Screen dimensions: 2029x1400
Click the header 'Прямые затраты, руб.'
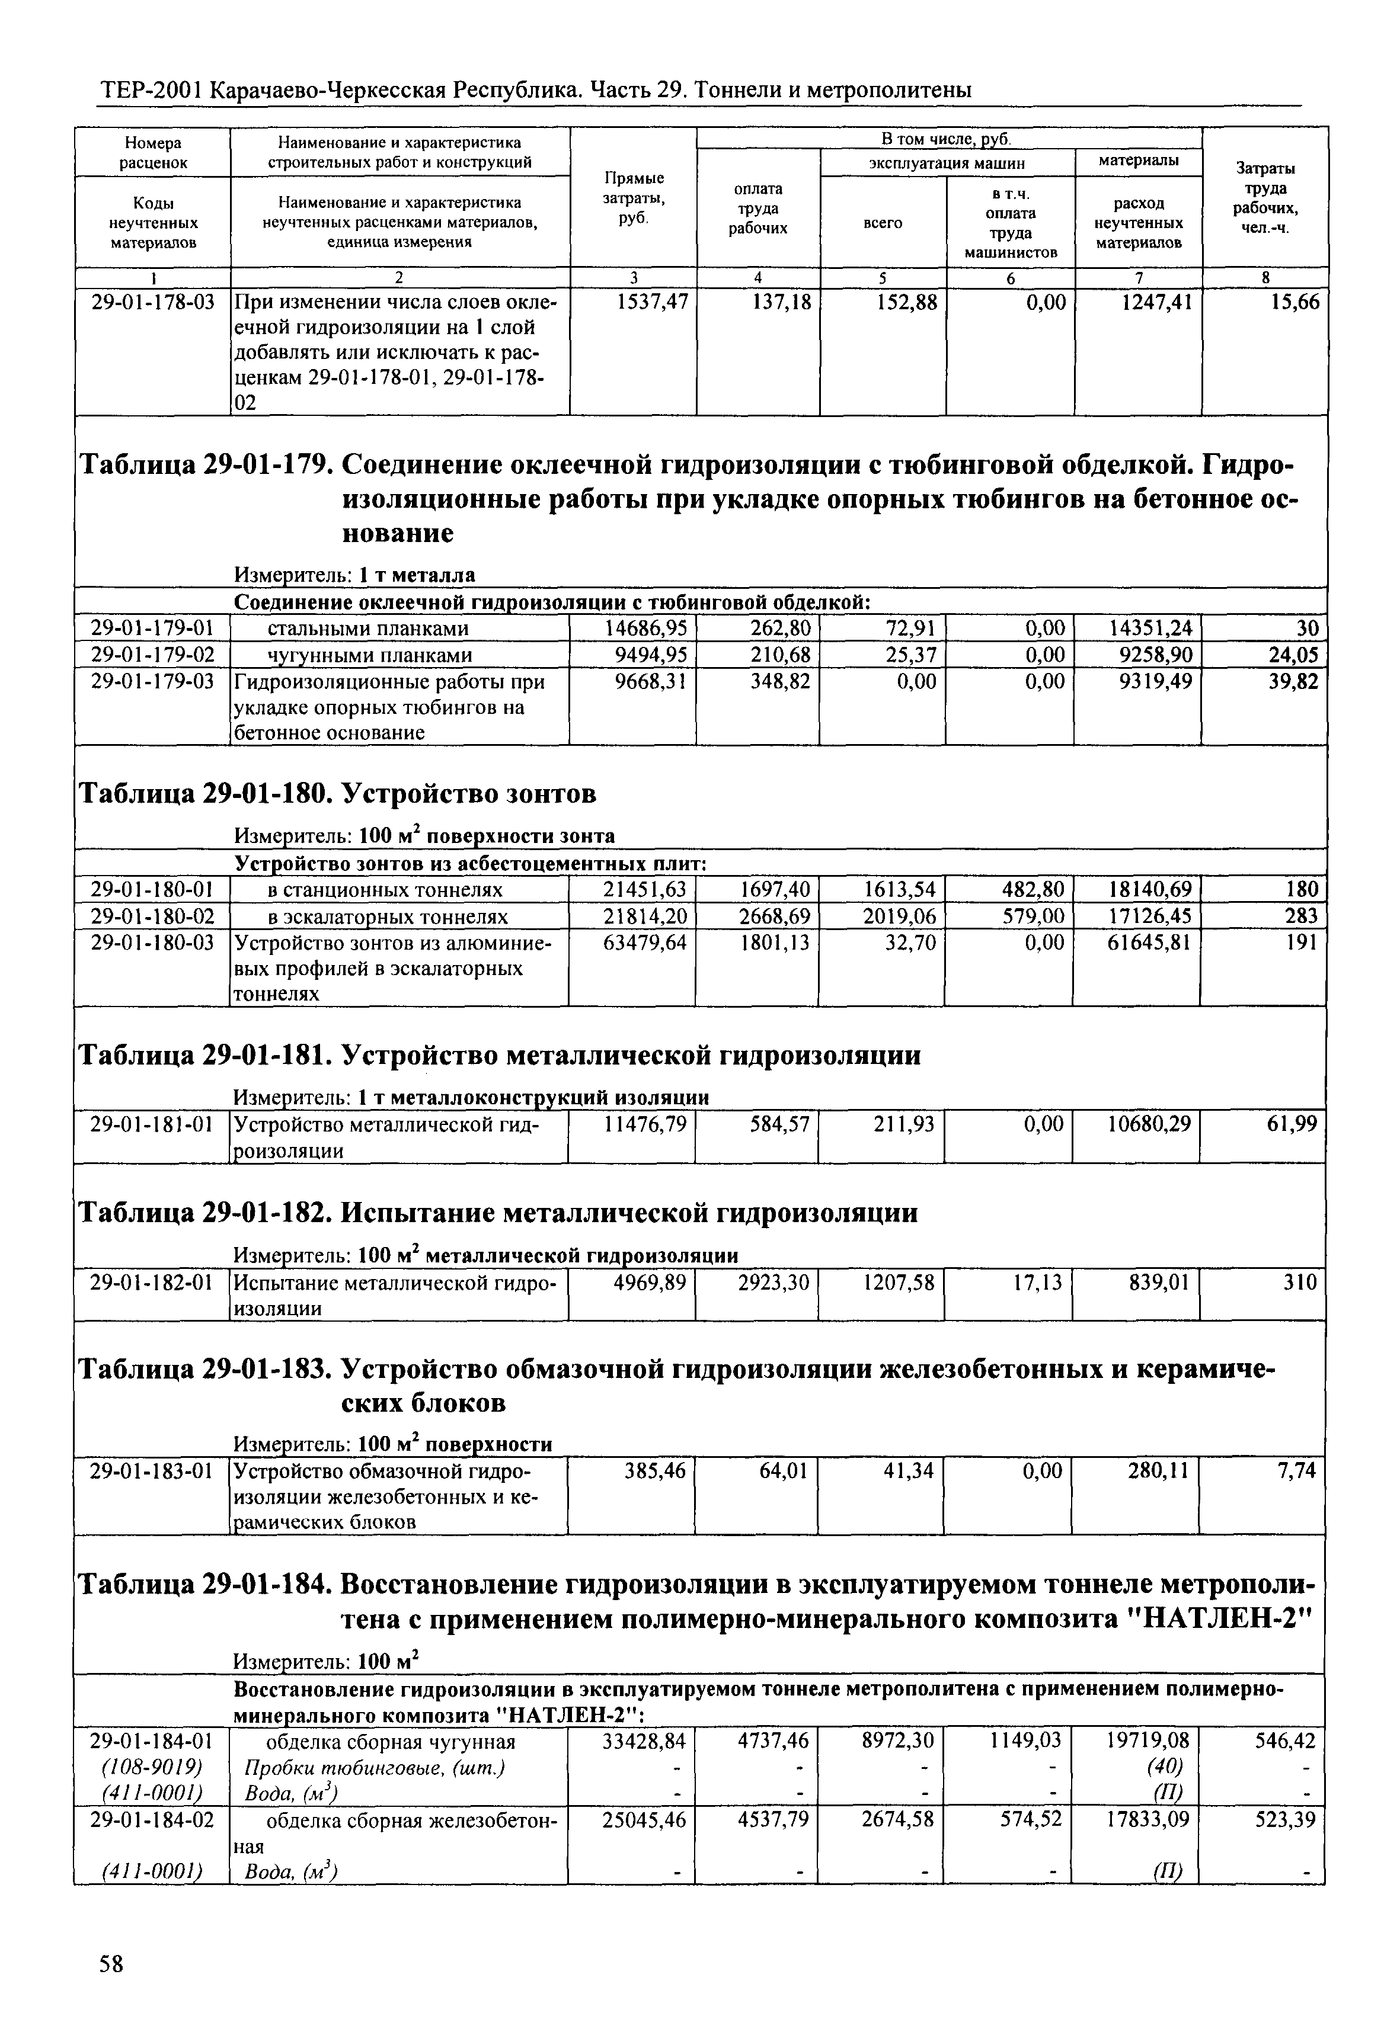pyautogui.click(x=634, y=198)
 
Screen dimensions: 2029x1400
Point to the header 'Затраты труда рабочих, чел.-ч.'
pyautogui.click(x=1265, y=198)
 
